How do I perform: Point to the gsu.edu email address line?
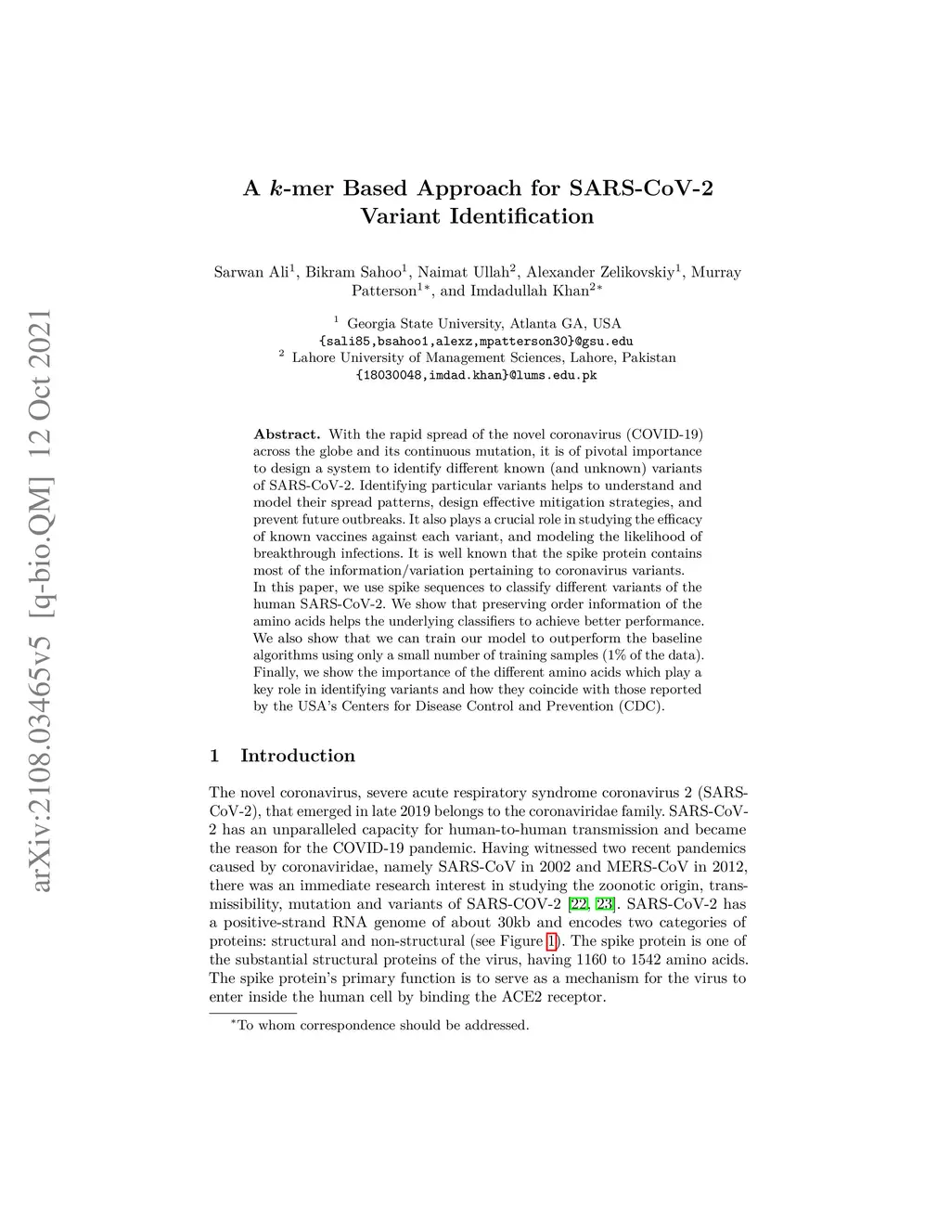tap(476, 341)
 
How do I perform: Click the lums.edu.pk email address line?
tap(476, 375)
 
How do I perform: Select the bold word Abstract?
tap(287, 434)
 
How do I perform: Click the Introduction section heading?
tap(297, 756)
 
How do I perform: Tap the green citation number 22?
tap(580, 903)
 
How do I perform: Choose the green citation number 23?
tap(605, 903)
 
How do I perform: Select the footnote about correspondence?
tap(382, 1025)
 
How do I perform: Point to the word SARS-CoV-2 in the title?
tap(641, 188)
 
